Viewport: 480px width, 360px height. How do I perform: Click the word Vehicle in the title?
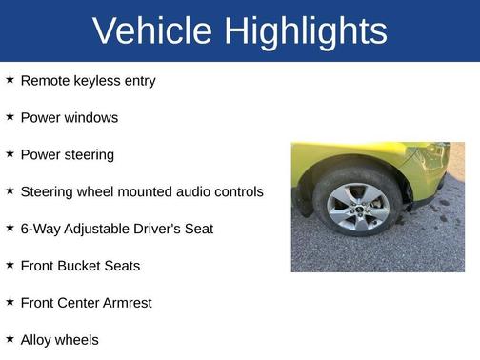(x=151, y=31)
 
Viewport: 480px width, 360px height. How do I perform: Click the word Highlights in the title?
(x=305, y=31)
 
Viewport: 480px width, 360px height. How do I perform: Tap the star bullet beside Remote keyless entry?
(x=10, y=80)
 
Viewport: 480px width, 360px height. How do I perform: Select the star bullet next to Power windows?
(x=10, y=117)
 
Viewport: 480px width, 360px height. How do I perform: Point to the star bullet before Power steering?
(x=10, y=154)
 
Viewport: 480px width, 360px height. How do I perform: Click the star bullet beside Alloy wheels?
(x=10, y=339)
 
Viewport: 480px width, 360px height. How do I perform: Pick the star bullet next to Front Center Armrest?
(x=10, y=302)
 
